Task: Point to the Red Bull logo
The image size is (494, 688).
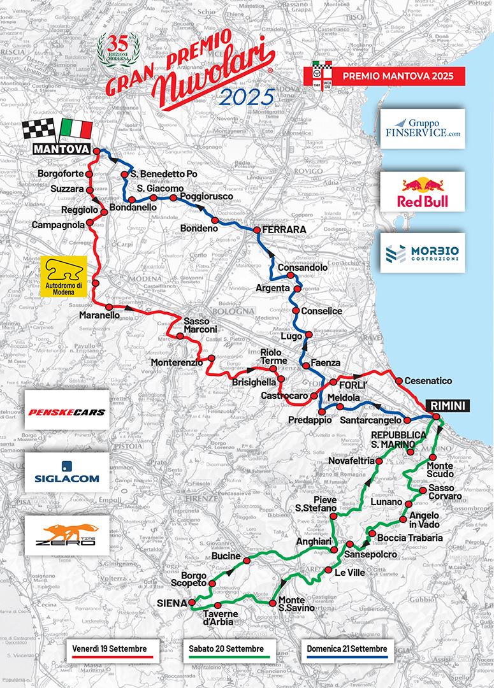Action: coord(423,192)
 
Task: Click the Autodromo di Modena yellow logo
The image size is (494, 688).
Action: coord(62,278)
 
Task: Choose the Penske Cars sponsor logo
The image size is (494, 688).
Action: coord(66,412)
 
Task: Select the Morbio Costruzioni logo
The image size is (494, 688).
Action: coord(423,253)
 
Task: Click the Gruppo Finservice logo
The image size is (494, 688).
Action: coord(423,129)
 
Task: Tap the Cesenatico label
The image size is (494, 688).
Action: coord(428,381)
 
